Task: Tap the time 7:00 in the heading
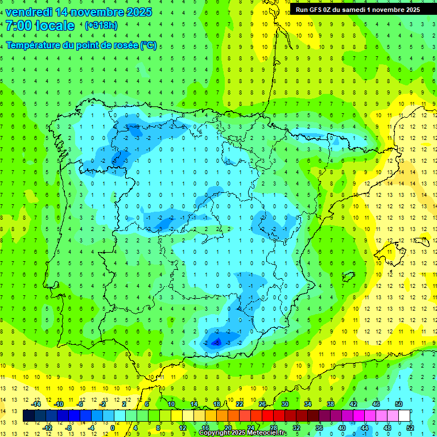(17, 26)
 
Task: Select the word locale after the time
(55, 26)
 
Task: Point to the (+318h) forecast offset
(101, 26)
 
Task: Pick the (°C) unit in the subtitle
(149, 45)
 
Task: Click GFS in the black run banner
(316, 10)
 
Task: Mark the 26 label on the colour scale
(262, 403)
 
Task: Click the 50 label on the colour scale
(398, 403)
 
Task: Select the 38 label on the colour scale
(330, 403)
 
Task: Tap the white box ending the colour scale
(404, 415)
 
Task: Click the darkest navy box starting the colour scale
(28, 415)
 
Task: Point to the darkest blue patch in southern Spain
(216, 341)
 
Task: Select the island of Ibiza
(346, 277)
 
